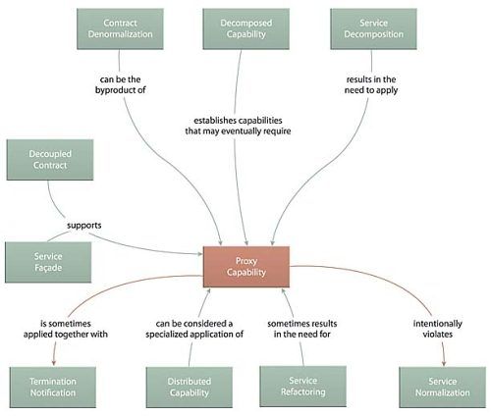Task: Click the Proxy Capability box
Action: click(x=246, y=267)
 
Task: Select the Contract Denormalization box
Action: click(x=120, y=28)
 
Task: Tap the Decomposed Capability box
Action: click(x=245, y=28)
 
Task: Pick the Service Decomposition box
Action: click(x=373, y=28)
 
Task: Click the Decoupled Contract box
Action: click(x=50, y=160)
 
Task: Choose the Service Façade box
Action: click(x=48, y=262)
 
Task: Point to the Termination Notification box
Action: click(x=53, y=388)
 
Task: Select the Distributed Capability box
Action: click(x=190, y=388)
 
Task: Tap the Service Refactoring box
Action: click(x=302, y=387)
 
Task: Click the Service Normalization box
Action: click(x=442, y=388)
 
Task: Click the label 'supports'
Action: click(x=84, y=226)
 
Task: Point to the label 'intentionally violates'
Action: click(x=438, y=329)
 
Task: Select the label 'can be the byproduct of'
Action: click(x=121, y=84)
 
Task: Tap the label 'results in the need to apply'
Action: click(x=371, y=84)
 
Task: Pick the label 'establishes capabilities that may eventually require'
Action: click(x=238, y=126)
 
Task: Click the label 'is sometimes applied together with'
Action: click(x=66, y=329)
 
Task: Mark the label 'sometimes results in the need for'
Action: click(x=302, y=329)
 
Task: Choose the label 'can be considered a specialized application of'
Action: click(x=194, y=329)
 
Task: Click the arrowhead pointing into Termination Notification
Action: click(x=54, y=362)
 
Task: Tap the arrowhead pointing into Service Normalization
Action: click(x=444, y=362)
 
